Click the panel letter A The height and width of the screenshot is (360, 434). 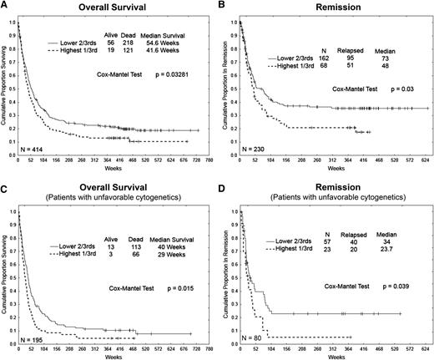[5, 6]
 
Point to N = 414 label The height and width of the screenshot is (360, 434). [36, 149]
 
